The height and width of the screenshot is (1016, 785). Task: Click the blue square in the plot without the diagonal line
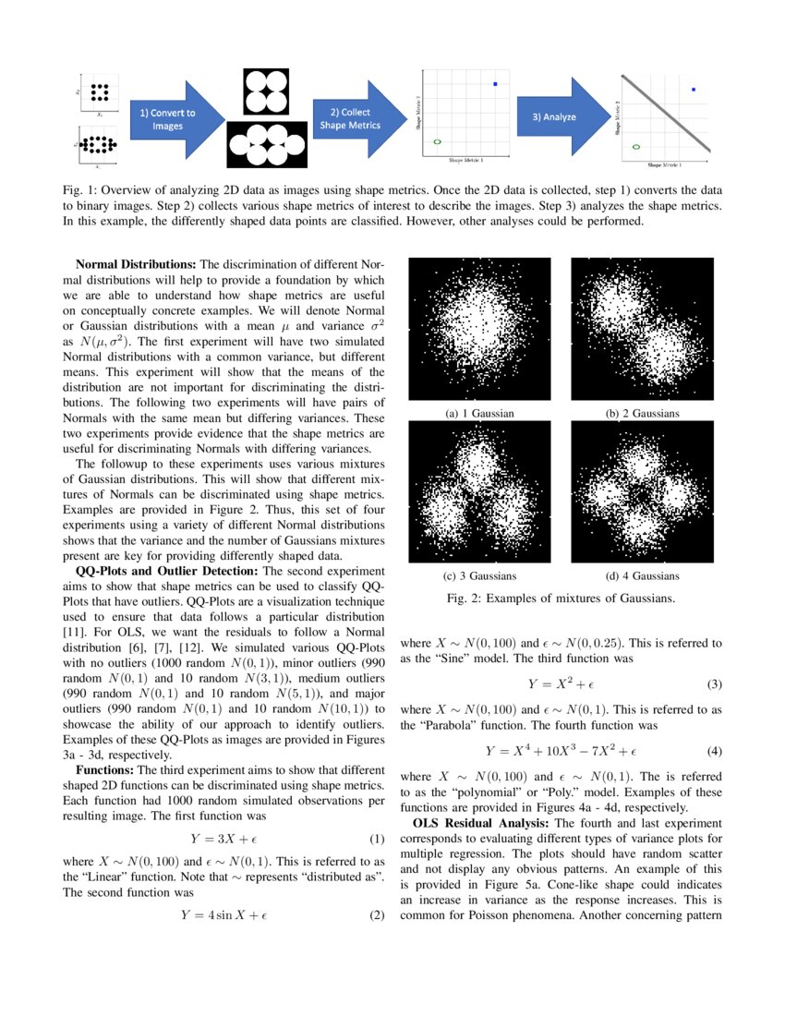tap(495, 85)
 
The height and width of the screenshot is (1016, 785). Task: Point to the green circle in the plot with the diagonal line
tap(635, 146)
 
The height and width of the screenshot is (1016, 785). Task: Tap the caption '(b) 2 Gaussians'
tap(642, 413)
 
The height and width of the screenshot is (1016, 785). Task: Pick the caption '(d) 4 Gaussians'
tap(642, 575)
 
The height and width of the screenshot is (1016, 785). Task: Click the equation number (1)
tap(376, 840)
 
